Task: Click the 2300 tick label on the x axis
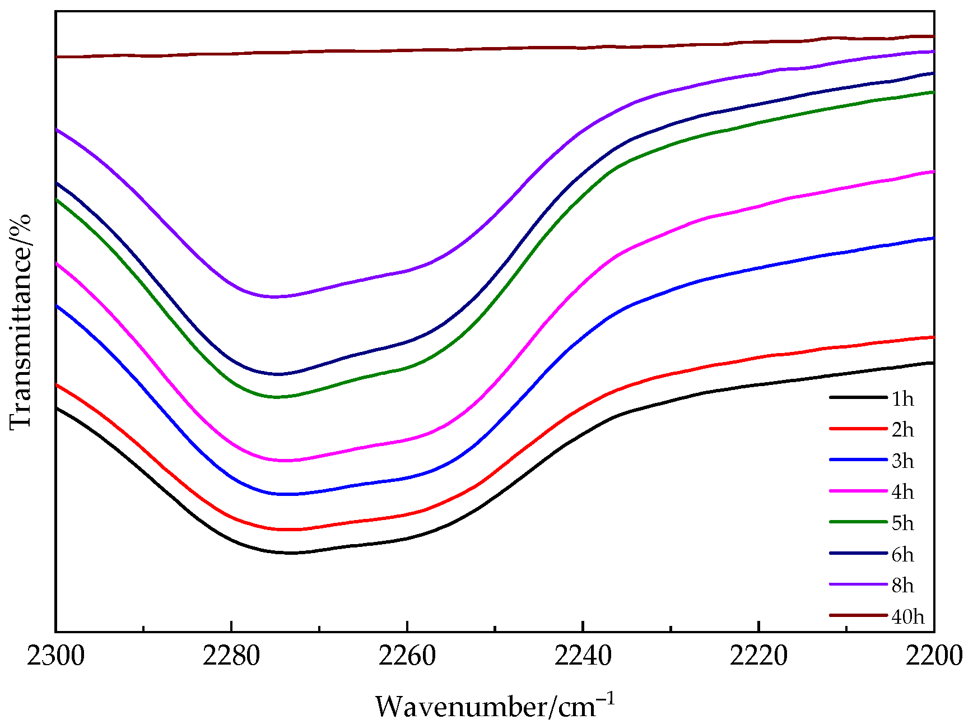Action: pos(56,656)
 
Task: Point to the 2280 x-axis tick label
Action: pos(231,656)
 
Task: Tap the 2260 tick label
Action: pos(407,656)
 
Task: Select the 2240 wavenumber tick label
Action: pos(583,656)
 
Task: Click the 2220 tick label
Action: pos(758,656)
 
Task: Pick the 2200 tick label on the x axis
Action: pos(934,656)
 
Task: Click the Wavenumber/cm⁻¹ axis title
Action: pos(495,706)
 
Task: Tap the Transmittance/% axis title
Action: pos(21,322)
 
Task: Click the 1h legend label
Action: pos(902,399)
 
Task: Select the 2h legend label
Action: pos(902,430)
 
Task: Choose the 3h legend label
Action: pos(902,461)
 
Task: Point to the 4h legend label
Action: pos(902,492)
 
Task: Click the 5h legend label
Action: pos(902,523)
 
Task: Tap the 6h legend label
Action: pos(902,555)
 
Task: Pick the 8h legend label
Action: pos(902,586)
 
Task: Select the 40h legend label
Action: pos(907,616)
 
